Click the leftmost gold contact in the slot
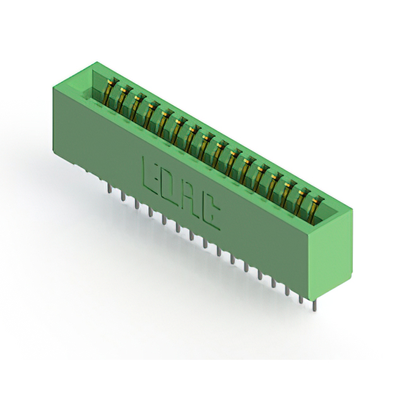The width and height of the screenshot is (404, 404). click(x=109, y=91)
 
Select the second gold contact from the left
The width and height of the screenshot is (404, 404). click(x=122, y=98)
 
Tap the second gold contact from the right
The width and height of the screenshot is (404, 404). click(x=302, y=201)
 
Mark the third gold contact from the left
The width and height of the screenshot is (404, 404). click(x=136, y=105)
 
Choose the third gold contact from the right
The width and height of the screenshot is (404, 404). click(x=288, y=194)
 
